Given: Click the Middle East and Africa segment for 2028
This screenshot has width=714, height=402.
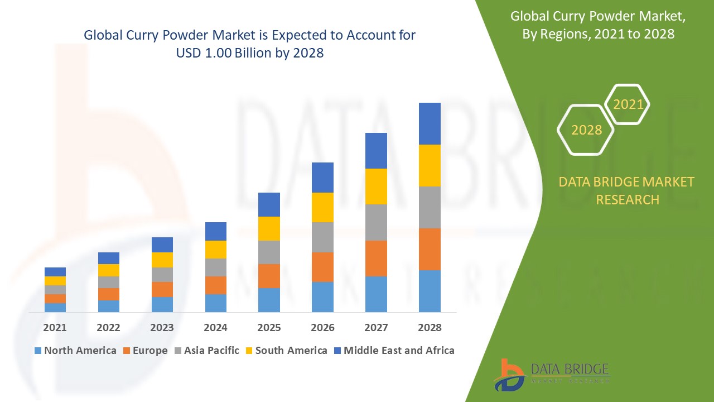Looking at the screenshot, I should coord(430,123).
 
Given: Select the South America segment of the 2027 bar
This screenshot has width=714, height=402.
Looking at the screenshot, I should coord(376,186).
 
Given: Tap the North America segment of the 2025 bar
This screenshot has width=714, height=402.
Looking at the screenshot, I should coord(269,300).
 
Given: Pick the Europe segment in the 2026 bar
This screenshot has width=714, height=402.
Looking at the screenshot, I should coord(322,267).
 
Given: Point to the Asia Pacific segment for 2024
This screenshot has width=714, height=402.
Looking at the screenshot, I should coord(215,267).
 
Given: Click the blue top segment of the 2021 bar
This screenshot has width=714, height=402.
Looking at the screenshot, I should coord(55,272).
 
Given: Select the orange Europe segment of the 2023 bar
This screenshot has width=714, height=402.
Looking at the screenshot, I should coord(162,289).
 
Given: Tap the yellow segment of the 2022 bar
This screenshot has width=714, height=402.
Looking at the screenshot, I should coord(109,270).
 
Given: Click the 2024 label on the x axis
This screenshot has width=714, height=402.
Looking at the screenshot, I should coord(215,327).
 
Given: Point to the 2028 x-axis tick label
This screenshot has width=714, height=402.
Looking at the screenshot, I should coord(430,327).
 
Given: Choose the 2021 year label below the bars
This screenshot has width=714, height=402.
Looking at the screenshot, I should coord(55,327).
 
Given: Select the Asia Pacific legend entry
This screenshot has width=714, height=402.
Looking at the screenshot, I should coord(207,351).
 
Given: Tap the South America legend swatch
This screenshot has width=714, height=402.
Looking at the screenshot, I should coord(248,351).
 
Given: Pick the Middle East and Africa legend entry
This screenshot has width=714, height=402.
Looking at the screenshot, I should coord(394,351).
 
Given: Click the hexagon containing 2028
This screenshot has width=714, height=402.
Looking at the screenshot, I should coord(586,130).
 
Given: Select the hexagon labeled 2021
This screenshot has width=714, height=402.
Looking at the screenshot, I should coord(628,104).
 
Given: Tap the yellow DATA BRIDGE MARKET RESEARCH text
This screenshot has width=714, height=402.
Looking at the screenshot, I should coord(627,191).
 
